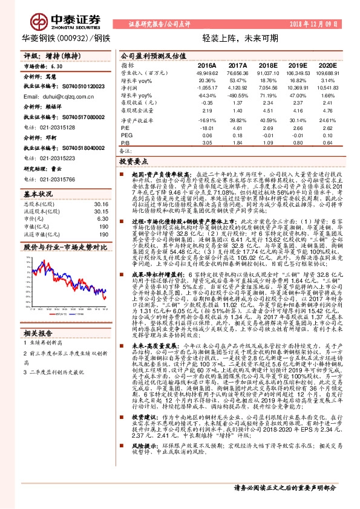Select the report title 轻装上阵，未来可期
point(236,37)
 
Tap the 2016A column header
point(207,64)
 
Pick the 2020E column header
point(327,64)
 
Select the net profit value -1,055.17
point(207,88)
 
